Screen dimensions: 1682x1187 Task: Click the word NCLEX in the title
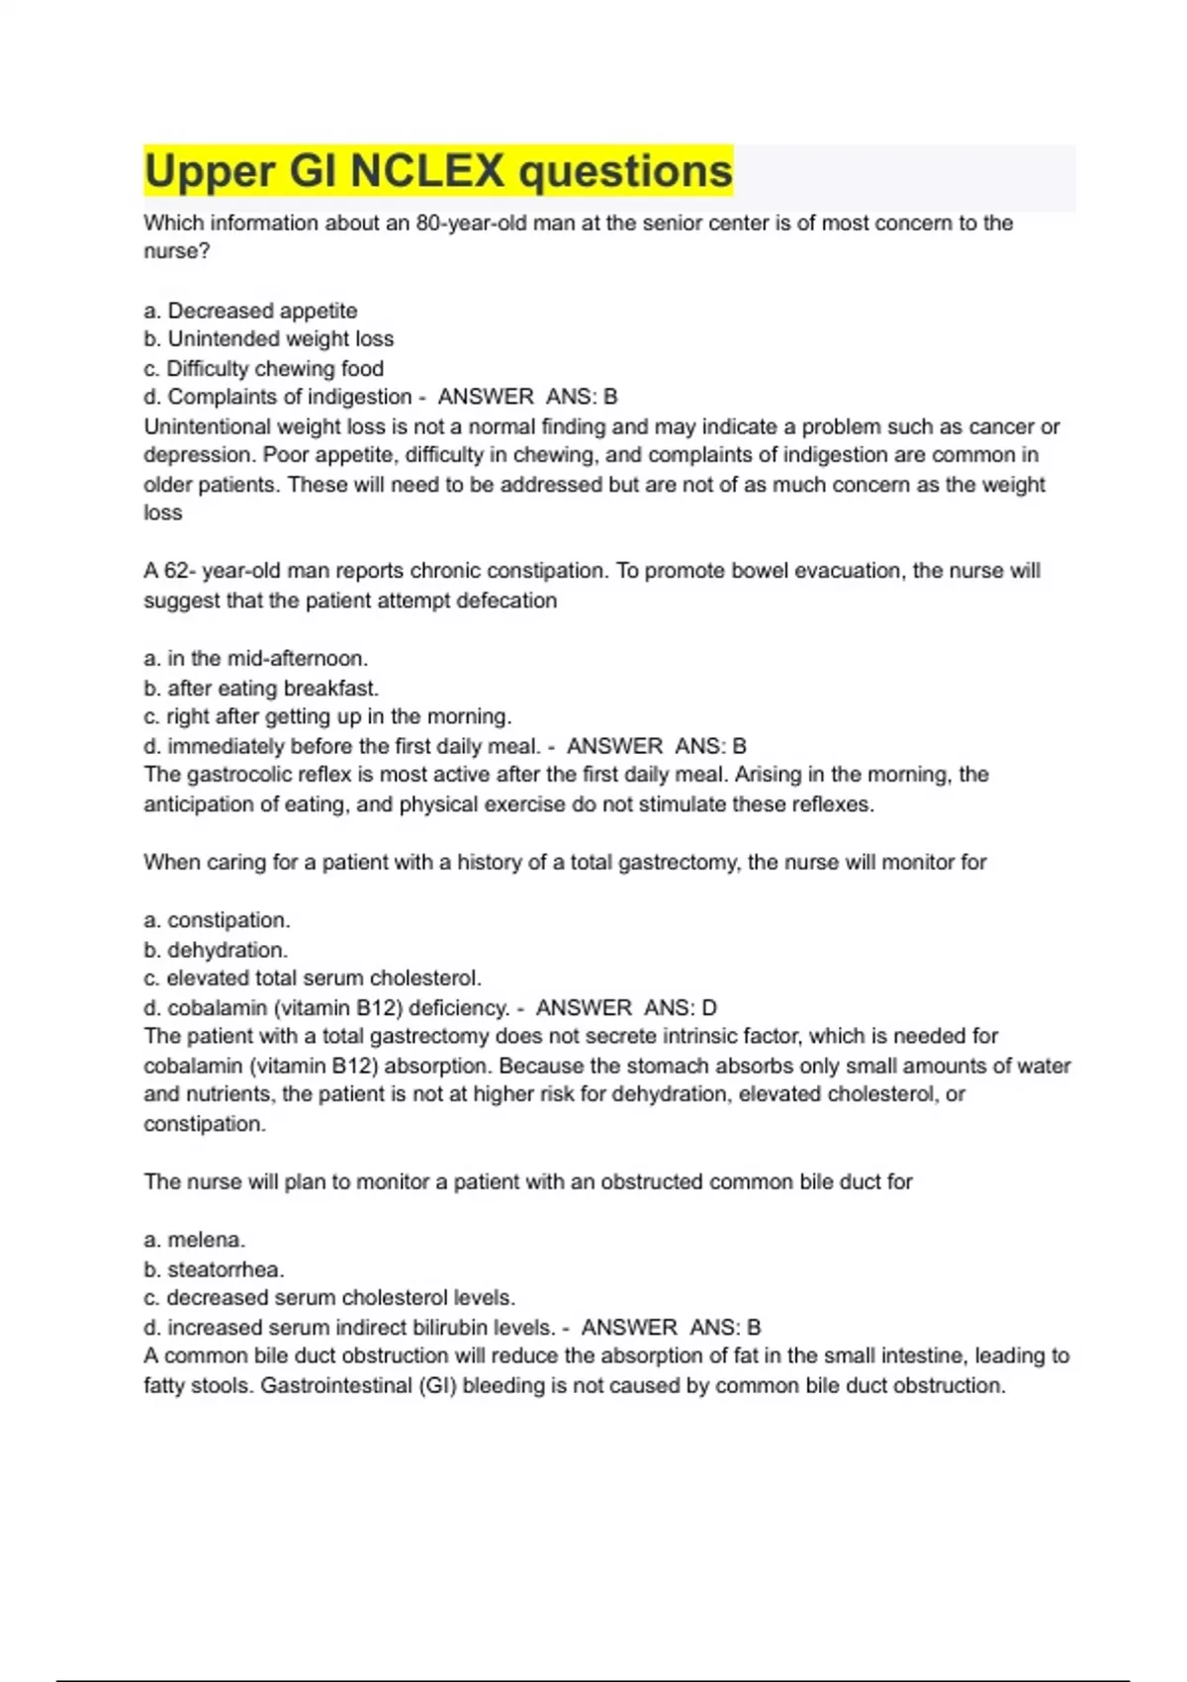pyautogui.click(x=427, y=171)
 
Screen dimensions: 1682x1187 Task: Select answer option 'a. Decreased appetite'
pyautogui.click(x=250, y=311)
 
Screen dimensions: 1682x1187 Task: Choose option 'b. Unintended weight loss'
pyautogui.click(x=268, y=339)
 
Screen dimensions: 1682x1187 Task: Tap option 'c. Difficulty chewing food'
pyautogui.click(x=263, y=369)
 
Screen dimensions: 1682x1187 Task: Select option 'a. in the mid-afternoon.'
pyautogui.click(x=255, y=659)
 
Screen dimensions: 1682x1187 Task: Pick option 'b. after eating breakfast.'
pyautogui.click(x=261, y=689)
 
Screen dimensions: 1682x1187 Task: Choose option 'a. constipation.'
pyautogui.click(x=217, y=921)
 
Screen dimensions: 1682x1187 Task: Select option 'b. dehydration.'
pyautogui.click(x=216, y=951)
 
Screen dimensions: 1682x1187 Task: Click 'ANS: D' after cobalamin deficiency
pyautogui.click(x=681, y=1008)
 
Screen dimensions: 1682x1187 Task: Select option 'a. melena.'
pyautogui.click(x=194, y=1241)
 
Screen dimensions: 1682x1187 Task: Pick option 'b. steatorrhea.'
pyautogui.click(x=214, y=1270)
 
